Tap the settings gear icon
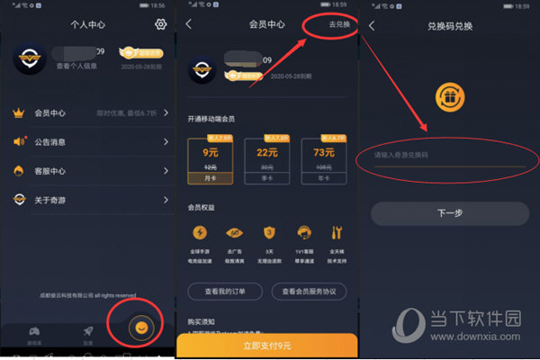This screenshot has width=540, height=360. click(161, 24)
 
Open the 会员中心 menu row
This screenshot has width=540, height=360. click(90, 112)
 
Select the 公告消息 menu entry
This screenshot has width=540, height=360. click(90, 141)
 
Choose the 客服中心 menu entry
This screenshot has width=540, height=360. click(90, 170)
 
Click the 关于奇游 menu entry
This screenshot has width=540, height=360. click(90, 199)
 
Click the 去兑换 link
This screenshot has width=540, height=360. click(338, 24)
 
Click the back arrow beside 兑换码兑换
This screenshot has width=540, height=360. click(372, 25)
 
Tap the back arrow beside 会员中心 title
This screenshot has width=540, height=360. click(189, 24)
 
